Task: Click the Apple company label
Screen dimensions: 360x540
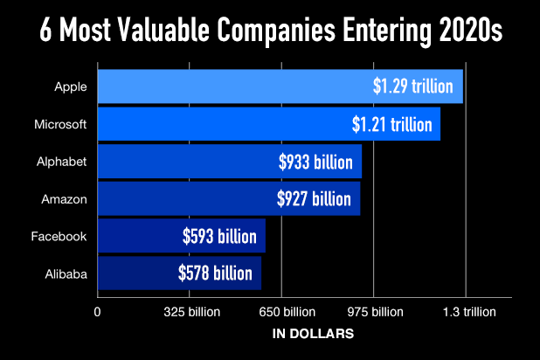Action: pos(71,87)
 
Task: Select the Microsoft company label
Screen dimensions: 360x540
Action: pos(60,124)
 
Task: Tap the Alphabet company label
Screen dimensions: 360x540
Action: pos(63,162)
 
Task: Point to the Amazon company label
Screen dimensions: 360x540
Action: pos(64,199)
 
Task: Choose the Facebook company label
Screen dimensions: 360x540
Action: pos(59,237)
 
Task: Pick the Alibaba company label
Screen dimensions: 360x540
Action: pos(66,274)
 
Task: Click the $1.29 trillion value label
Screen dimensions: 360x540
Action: pos(412,87)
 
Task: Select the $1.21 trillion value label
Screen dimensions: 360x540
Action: pos(392,124)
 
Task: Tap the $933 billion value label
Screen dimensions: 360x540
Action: pos(314,162)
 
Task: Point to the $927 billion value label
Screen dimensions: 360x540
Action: pos(312,199)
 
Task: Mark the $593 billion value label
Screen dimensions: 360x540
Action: pos(219,237)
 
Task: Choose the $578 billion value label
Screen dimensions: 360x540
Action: pos(215,274)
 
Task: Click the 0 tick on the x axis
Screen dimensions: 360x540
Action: pos(98,312)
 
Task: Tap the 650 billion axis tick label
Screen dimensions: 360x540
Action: pos(281,312)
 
